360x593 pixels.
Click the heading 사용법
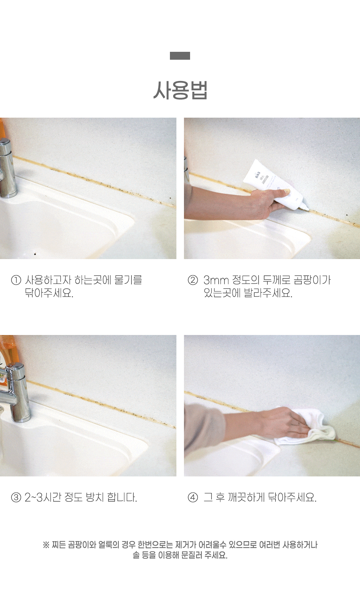pyautogui.click(x=180, y=90)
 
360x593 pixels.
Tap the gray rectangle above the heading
pyautogui.click(x=180, y=56)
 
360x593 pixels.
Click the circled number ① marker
pyautogui.click(x=16, y=280)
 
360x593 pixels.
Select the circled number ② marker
pyautogui.click(x=193, y=280)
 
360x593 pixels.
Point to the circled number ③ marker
pyautogui.click(x=16, y=498)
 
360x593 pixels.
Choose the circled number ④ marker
pyautogui.click(x=193, y=498)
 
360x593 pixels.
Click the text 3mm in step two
pyautogui.click(x=216, y=280)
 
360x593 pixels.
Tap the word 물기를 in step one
pyautogui.click(x=128, y=280)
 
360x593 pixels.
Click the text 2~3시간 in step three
pyautogui.click(x=43, y=497)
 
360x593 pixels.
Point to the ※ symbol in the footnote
pyautogui.click(x=46, y=545)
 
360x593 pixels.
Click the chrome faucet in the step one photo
pyautogui.click(x=7, y=168)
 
